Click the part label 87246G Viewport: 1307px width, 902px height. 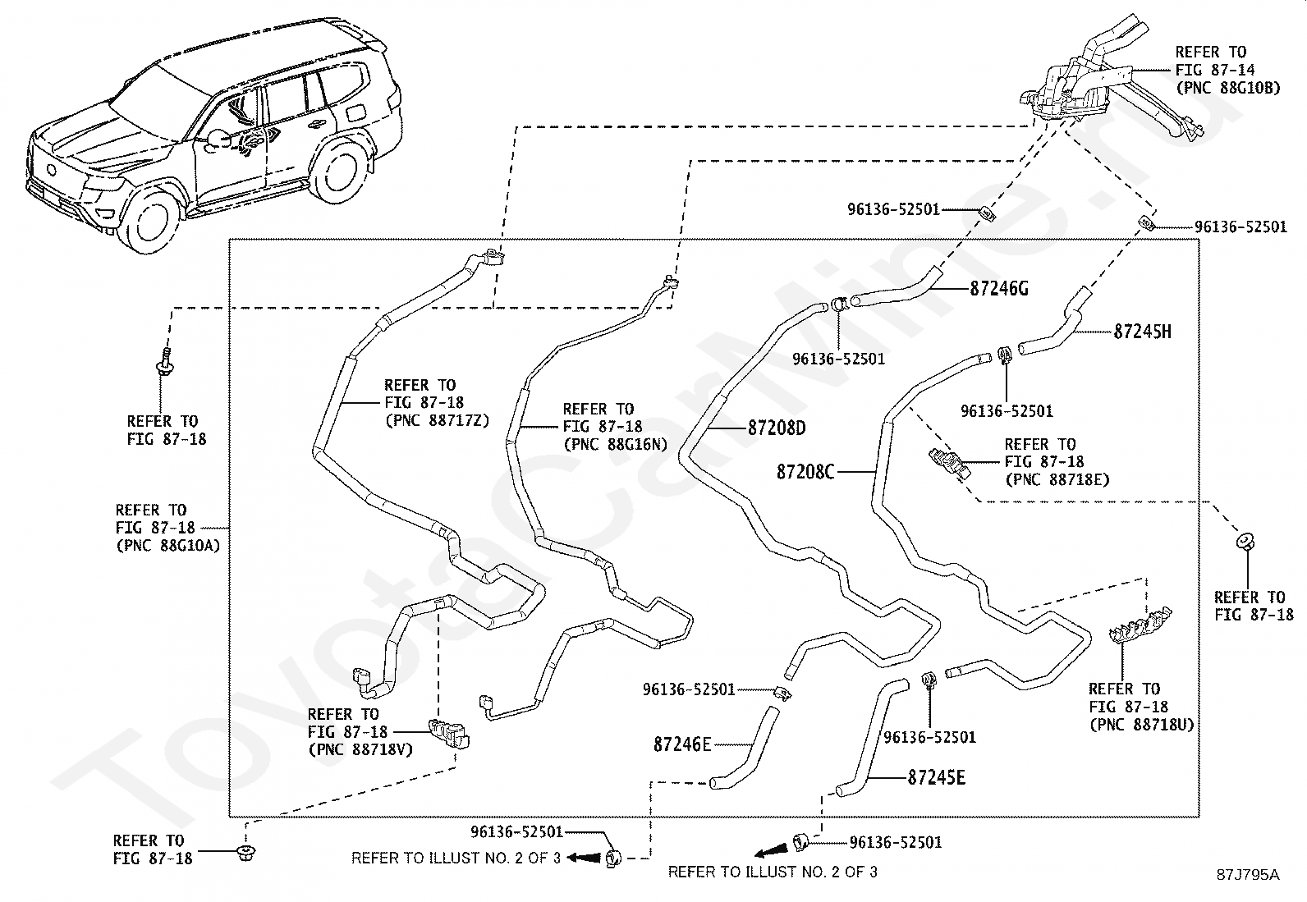999,289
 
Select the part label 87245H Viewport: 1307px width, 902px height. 1143,332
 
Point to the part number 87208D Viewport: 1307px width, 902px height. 777,428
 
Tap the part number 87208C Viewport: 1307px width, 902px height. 805,471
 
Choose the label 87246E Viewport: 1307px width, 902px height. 682,744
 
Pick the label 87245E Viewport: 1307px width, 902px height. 937,777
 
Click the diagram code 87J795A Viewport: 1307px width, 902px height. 1248,875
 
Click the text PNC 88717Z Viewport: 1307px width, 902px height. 437,420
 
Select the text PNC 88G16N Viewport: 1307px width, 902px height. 616,444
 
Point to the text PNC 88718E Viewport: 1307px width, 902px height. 1057,479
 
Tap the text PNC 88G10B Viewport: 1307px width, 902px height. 1228,88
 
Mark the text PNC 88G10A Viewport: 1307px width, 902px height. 168,546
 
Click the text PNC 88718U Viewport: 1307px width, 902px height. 1142,724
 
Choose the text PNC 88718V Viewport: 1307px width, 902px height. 360,749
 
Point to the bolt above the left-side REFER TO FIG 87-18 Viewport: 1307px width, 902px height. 165,361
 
